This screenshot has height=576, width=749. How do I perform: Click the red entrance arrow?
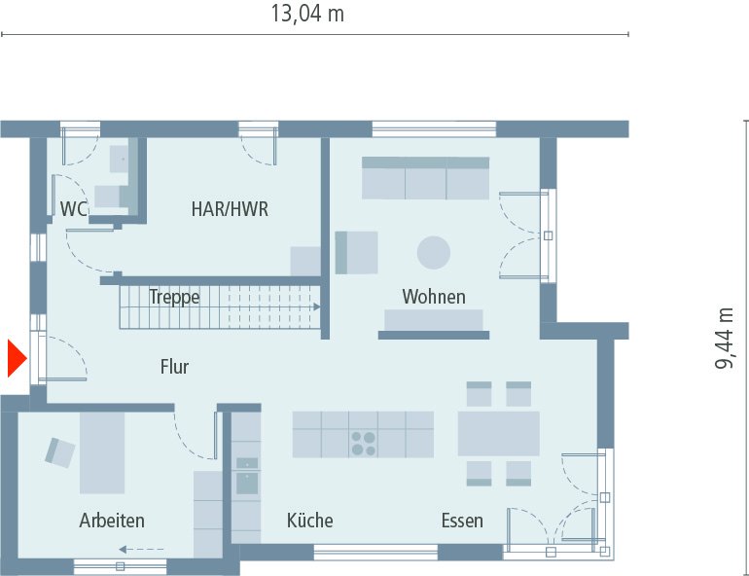pyautogui.click(x=15, y=358)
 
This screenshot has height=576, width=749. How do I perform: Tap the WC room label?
pyautogui.click(x=73, y=208)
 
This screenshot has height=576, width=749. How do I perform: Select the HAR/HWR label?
pyautogui.click(x=230, y=208)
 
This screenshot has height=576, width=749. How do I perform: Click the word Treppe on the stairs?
pyautogui.click(x=174, y=297)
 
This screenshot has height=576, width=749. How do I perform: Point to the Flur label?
pyautogui.click(x=174, y=367)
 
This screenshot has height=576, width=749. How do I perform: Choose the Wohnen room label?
pyautogui.click(x=434, y=297)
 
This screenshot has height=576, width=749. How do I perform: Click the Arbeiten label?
pyautogui.click(x=112, y=521)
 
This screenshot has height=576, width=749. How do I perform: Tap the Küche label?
pyautogui.click(x=309, y=521)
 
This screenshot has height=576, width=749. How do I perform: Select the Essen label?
pyautogui.click(x=461, y=521)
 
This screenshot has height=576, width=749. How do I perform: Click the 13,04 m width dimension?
pyautogui.click(x=307, y=15)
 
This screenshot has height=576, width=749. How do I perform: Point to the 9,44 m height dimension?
pyautogui.click(x=725, y=338)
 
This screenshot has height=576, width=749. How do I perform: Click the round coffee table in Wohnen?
pyautogui.click(x=434, y=253)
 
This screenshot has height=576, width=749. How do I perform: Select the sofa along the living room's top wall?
pyautogui.click(x=425, y=178)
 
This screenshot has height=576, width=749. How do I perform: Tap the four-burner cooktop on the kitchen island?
pyautogui.click(x=364, y=443)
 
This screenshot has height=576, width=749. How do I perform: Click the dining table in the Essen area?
pyautogui.click(x=498, y=433)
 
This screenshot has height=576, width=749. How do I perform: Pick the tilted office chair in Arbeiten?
pyautogui.click(x=60, y=451)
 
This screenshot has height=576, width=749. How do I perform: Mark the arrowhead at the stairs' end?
pyautogui.click(x=316, y=306)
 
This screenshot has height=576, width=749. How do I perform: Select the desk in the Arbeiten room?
pyautogui.click(x=102, y=452)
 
